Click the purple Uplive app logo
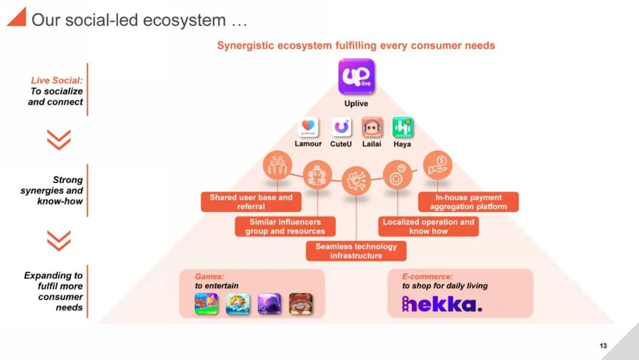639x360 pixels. (356, 76)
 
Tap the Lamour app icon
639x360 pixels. (308, 127)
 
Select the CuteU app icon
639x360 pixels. (341, 127)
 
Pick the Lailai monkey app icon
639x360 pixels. (372, 127)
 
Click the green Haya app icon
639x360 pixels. (402, 127)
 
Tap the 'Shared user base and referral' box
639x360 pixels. (251, 202)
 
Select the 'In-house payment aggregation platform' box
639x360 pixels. (468, 202)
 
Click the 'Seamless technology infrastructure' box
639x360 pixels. (356, 251)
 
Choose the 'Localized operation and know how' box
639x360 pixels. (428, 226)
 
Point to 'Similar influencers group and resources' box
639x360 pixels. (285, 226)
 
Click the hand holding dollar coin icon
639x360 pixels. (437, 165)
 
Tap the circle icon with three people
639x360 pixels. (277, 166)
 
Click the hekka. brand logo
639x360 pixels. (442, 304)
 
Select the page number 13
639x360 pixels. (603, 346)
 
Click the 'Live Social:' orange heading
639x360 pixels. (57, 81)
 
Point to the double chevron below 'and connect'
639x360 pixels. (59, 140)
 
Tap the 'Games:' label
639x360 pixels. (209, 277)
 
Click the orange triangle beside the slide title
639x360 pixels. (16, 17)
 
